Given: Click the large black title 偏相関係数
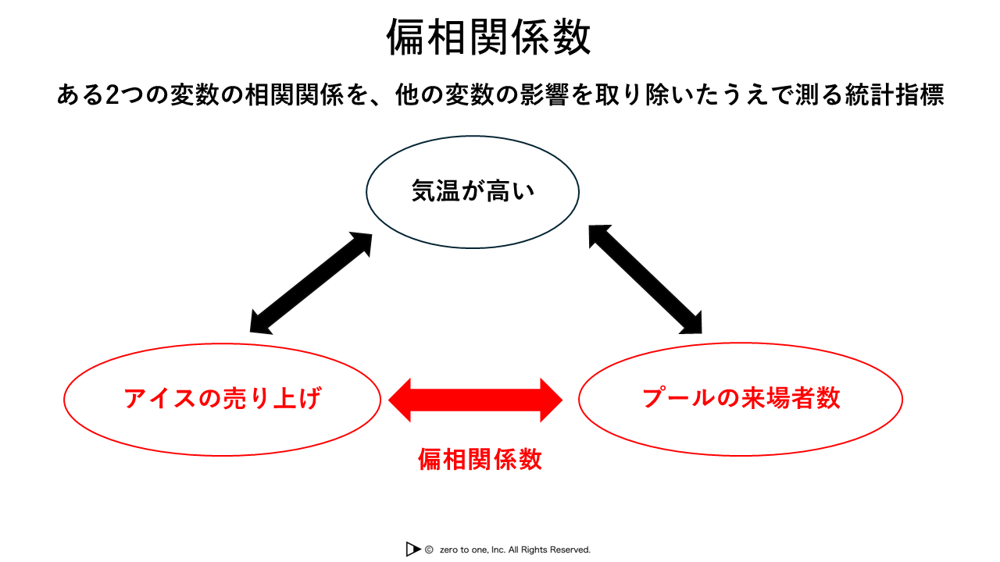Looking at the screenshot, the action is [488, 37].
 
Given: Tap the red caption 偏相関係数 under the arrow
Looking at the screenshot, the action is [480, 460].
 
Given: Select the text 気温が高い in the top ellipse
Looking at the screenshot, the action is [473, 191].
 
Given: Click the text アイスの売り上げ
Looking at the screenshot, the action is [223, 398].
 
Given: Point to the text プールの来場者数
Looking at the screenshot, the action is [741, 398].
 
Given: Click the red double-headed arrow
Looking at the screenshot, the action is [476, 400].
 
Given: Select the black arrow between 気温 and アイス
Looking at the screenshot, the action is [311, 283].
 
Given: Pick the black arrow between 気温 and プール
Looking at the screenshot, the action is [645, 279].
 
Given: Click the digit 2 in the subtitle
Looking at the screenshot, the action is [112, 95].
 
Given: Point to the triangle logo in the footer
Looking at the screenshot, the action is [413, 549].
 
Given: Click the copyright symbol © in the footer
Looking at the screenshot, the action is [429, 550].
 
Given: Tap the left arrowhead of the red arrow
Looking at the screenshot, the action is [399, 400].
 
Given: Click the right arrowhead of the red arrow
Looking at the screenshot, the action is [552, 400].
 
